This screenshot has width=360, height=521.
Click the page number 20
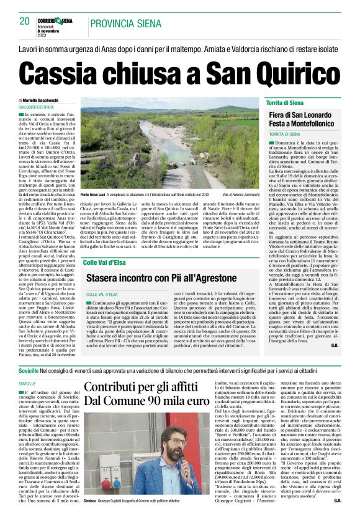coord(25,22)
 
